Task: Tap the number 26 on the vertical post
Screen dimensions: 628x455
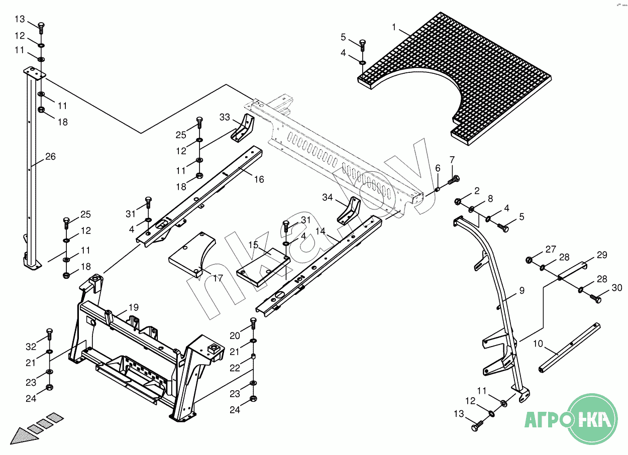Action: coord(50,156)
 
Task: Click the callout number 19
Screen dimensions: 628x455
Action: coord(134,307)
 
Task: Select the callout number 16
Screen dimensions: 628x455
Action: coord(259,179)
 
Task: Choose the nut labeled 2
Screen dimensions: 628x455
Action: coord(457,201)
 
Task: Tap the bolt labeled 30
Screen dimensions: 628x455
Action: coord(595,299)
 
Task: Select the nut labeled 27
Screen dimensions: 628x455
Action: coord(529,260)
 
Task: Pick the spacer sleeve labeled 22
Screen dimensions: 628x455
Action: coord(253,357)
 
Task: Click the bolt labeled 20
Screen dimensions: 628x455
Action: coord(253,323)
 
